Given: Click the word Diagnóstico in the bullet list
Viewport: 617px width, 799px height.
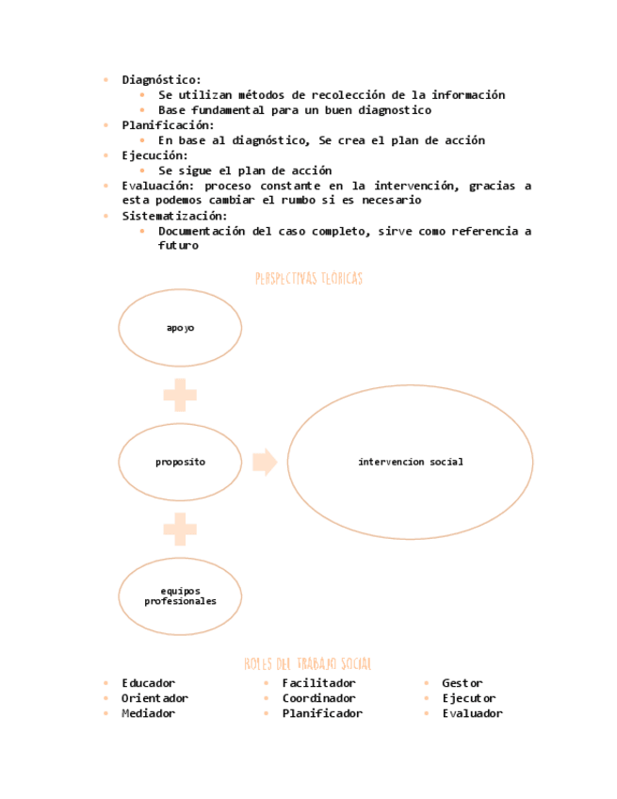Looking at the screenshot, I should pyautogui.click(x=160, y=80).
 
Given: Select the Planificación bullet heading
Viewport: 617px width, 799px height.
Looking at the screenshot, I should pyautogui.click(x=167, y=125).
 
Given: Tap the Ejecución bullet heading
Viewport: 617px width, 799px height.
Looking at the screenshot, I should pyautogui.click(x=154, y=155).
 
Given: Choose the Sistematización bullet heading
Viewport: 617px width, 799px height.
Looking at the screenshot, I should pyautogui.click(x=173, y=216).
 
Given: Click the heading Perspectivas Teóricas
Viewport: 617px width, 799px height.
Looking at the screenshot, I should pyautogui.click(x=308, y=279).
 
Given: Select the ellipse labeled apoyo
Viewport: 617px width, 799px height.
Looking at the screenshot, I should pyautogui.click(x=180, y=328).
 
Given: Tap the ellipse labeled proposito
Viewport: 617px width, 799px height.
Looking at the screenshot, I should pyautogui.click(x=180, y=462).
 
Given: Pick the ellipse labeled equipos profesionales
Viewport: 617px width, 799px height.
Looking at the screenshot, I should pyautogui.click(x=180, y=595).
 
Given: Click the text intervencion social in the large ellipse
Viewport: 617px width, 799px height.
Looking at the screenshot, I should pyautogui.click(x=410, y=462).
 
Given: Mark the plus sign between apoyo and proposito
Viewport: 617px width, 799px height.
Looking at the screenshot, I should pyautogui.click(x=180, y=395).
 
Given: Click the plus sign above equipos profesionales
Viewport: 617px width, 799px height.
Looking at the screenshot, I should pyautogui.click(x=180, y=529).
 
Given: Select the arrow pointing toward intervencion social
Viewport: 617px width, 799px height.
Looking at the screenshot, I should pyautogui.click(x=264, y=462).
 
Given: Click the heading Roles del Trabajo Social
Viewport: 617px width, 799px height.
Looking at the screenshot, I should pyautogui.click(x=308, y=664).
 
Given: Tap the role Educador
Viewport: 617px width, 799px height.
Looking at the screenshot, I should pyautogui.click(x=148, y=683).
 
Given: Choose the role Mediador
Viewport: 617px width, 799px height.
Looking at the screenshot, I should pyautogui.click(x=148, y=713).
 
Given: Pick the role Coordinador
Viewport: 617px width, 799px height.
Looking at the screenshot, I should pyautogui.click(x=318, y=698).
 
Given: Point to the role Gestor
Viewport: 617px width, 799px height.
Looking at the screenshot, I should pyautogui.click(x=462, y=683).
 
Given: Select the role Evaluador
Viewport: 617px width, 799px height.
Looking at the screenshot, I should pyautogui.click(x=472, y=713).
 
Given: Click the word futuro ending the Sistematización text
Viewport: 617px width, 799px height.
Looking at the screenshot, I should pyautogui.click(x=178, y=246).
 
